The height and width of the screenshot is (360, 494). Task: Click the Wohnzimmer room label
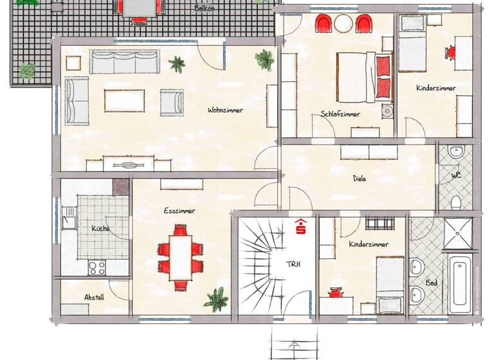click(225, 111)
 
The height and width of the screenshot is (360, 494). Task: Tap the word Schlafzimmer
click(340, 114)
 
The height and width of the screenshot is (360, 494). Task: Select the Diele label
click(360, 179)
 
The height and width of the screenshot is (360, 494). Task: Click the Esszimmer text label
click(179, 210)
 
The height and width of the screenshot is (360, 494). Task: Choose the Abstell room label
click(94, 298)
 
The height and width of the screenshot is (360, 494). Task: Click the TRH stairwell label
click(293, 264)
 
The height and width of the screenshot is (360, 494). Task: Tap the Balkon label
click(205, 9)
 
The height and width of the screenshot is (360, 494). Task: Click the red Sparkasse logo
click(300, 227)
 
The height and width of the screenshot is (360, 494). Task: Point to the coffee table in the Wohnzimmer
click(124, 100)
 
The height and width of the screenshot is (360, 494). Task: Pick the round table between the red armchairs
click(344, 24)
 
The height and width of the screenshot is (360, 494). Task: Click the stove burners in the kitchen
click(97, 267)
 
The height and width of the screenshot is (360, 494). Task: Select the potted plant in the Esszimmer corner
click(215, 300)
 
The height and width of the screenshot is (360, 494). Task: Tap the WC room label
click(455, 175)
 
